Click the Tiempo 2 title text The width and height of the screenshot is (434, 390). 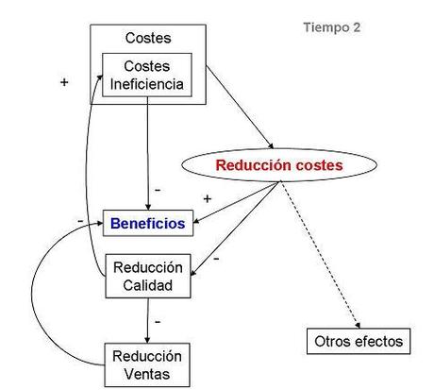331,27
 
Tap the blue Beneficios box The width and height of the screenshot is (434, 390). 148,225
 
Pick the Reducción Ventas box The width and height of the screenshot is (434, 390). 147,364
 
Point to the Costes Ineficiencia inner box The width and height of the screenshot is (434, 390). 147,73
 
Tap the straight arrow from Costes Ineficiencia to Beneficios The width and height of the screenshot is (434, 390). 148,151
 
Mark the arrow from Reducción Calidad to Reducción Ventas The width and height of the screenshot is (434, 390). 148,321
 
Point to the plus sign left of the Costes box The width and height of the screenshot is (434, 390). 64,82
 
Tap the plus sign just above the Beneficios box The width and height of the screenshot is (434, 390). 207,199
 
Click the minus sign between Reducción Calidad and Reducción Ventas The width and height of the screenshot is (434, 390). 158,321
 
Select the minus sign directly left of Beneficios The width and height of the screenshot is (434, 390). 81,220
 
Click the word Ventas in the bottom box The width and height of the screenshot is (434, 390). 147,372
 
